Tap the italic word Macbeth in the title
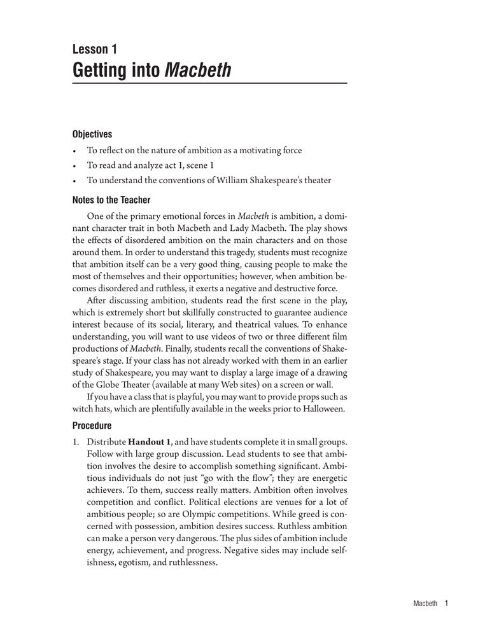198,69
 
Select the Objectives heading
92,134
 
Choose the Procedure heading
92,425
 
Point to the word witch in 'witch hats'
84,409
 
